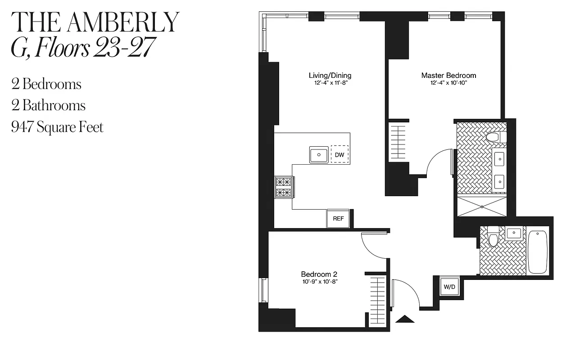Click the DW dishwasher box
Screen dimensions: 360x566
pos(340,155)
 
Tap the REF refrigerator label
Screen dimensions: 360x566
pos(338,219)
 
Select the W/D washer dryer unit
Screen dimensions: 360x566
pos(449,287)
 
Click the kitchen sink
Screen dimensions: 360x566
pos(319,155)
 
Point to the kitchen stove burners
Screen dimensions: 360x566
pos(283,187)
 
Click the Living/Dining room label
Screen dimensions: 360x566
pos(330,76)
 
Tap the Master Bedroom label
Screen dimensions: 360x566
pos(448,76)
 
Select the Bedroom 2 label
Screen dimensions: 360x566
pos(319,274)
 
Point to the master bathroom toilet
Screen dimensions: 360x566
pos(496,137)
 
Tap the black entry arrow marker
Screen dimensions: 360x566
pos(404,319)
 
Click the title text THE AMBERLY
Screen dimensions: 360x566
pos(95,22)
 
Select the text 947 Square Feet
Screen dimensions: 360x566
pos(58,127)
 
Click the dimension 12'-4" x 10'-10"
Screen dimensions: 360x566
pos(448,83)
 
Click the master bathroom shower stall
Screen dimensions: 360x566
pos(482,207)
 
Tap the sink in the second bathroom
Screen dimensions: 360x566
pos(514,233)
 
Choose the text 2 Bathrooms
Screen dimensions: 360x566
pos(49,106)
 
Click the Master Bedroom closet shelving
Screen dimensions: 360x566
pos(397,141)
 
